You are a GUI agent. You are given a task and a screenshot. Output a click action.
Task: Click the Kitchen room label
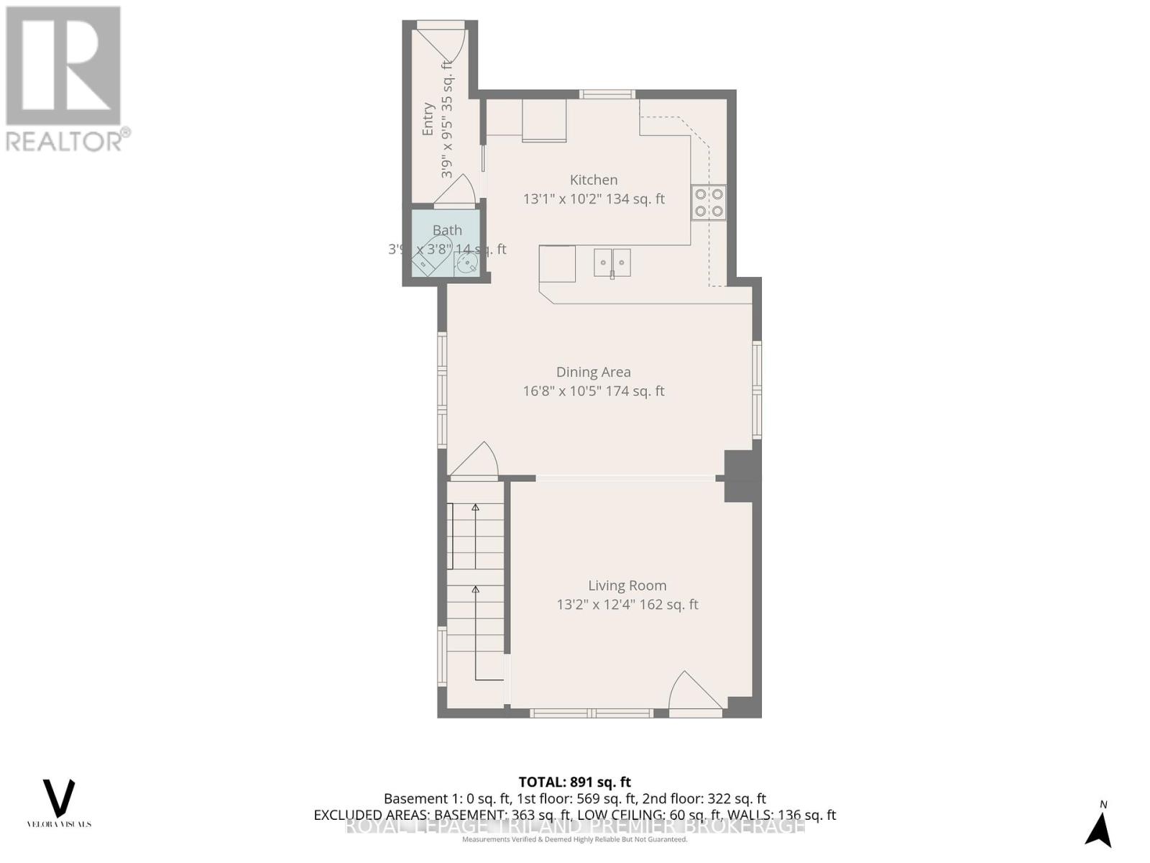pos(594,181)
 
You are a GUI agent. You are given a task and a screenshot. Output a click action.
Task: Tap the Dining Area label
pos(594,373)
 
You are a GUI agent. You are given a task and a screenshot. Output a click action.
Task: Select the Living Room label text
pos(627,586)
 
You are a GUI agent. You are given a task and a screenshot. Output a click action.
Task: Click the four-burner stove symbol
pos(708,202)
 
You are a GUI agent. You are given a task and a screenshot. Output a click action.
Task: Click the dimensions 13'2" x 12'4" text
pos(627,605)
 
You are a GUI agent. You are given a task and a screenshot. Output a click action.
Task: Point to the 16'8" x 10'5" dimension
pos(594,391)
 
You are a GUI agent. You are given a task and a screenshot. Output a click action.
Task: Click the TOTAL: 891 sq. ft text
pos(575,782)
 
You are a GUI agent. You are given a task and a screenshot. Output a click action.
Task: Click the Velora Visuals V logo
pos(59,798)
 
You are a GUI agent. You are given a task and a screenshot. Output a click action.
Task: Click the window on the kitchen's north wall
pos(607,94)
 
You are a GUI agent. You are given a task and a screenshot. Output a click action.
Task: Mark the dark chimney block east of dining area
pos(742,476)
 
